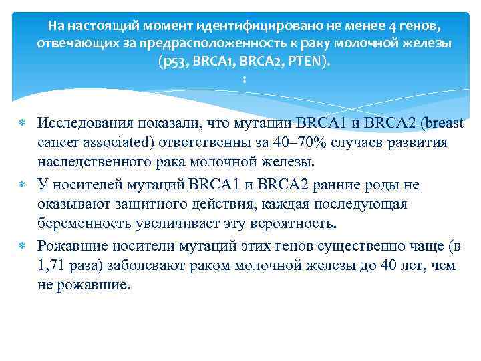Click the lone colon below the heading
[x=245, y=80]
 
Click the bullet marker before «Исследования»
[x=21, y=123]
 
